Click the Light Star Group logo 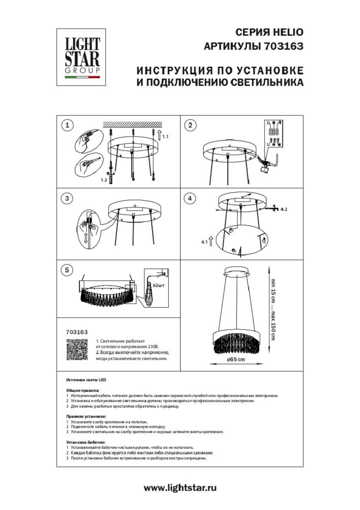pos(82,57)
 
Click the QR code pos(77,350)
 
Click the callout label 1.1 pos(165,137)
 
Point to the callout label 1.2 pos(104,180)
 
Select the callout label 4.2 pos(284,209)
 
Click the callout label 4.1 pos(204,242)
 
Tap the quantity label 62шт pos(158,285)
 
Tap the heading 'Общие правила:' pos(83,390)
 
